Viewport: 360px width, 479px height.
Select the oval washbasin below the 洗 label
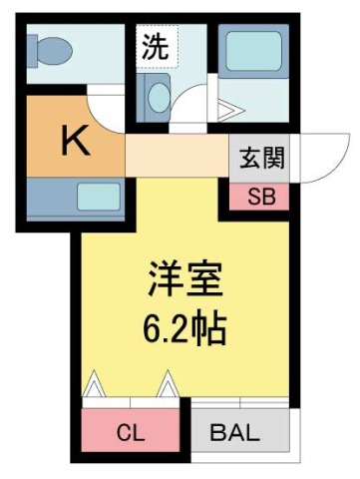(x=158, y=97)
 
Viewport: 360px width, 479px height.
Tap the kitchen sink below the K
(x=95, y=196)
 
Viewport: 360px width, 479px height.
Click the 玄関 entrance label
(x=261, y=157)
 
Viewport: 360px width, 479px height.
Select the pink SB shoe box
(x=261, y=196)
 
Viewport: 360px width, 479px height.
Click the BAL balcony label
(x=237, y=433)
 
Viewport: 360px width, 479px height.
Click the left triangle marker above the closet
(x=96, y=382)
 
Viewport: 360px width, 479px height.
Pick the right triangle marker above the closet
(x=167, y=382)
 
